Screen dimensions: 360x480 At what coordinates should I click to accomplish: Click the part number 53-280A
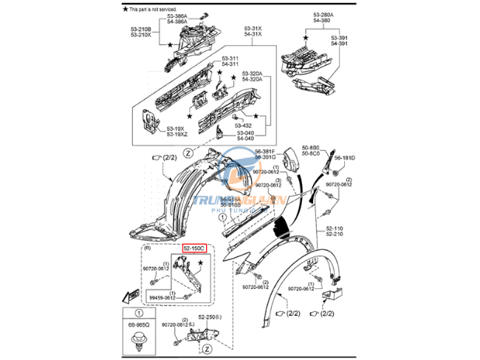click(322, 14)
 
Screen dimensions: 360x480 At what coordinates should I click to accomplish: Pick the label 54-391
click(340, 44)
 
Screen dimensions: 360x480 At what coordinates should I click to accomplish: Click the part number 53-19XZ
click(177, 134)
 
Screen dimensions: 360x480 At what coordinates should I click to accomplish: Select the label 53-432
click(243, 126)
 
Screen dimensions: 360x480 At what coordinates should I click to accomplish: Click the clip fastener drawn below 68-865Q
click(138, 342)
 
